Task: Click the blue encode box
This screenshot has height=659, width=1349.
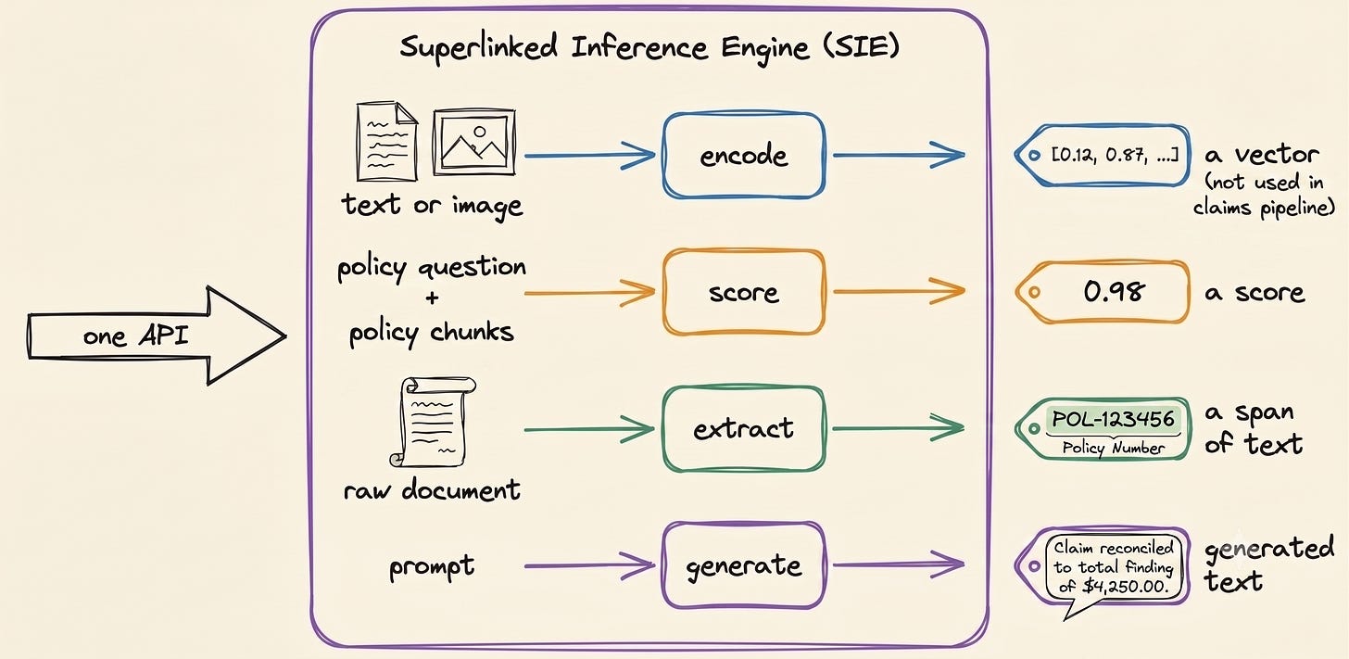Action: point(744,155)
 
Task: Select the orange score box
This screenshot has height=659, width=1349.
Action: point(744,292)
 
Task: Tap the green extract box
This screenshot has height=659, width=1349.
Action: point(744,428)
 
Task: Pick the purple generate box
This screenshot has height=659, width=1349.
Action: point(744,565)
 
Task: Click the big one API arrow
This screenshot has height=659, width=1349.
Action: point(156,336)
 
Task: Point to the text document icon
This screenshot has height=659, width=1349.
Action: point(386,142)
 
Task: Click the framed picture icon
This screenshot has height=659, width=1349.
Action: point(474,142)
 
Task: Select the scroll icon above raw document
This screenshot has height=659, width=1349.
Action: point(432,422)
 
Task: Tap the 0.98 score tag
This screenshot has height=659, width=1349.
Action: point(1103,292)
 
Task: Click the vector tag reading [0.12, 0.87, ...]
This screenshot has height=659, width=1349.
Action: point(1103,155)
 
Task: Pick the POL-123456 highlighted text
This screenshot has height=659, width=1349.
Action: point(1113,419)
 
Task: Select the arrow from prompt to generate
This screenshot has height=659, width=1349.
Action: point(589,565)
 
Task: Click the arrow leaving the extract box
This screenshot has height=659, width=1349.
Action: point(899,428)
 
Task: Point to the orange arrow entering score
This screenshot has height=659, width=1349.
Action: point(589,293)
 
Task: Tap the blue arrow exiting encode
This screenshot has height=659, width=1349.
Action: point(899,155)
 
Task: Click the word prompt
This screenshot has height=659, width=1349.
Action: point(432,567)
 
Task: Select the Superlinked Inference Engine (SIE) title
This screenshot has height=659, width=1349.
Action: point(649,47)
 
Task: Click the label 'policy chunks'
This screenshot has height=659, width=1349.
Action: point(432,333)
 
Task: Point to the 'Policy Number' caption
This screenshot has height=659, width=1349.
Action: point(1113,448)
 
